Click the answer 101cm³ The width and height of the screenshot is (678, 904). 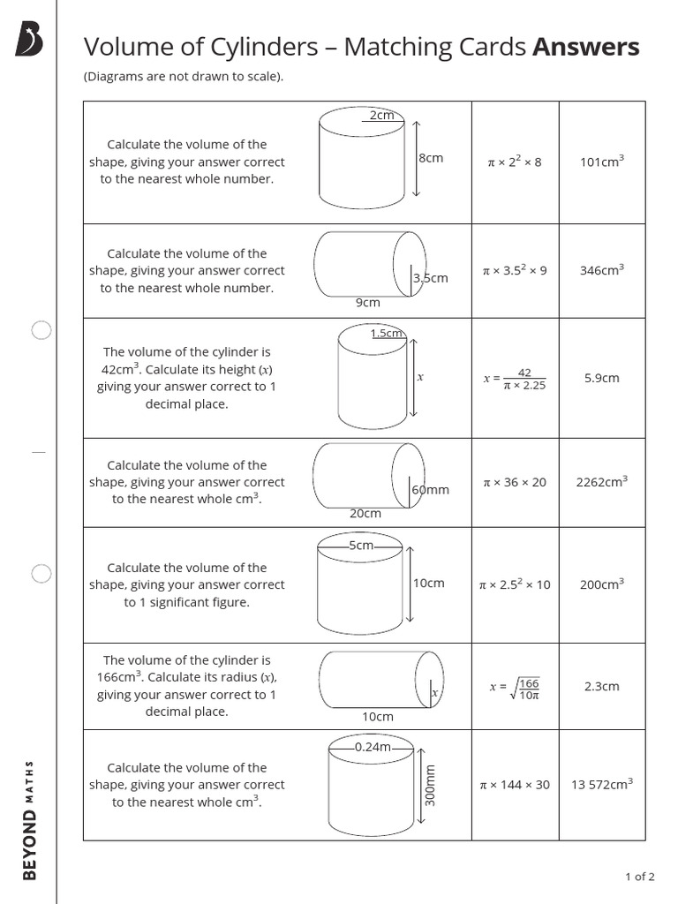pos(601,162)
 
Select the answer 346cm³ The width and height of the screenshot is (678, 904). pos(601,270)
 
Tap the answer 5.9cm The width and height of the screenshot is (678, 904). pos(601,378)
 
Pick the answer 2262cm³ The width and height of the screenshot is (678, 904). pos(601,482)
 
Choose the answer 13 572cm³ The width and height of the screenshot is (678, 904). pos(601,784)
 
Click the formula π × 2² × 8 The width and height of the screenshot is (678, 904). pos(515,162)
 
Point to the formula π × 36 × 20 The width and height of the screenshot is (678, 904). pos(515,482)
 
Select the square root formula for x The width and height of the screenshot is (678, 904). pos(515,687)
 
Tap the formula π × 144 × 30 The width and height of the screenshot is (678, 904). pos(515,784)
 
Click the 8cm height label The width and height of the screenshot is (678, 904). pos(431,158)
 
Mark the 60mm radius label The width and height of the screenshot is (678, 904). pos(431,489)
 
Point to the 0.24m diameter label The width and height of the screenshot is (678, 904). pos(372,747)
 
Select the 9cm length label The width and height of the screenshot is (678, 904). pos(367,302)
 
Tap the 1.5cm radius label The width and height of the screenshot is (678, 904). pos(387,333)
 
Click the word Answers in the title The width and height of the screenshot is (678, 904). pos(585,47)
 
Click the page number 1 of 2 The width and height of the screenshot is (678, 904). pos(639,877)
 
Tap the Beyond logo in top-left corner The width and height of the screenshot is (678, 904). pos(29,41)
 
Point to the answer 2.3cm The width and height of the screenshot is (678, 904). pos(601,686)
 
